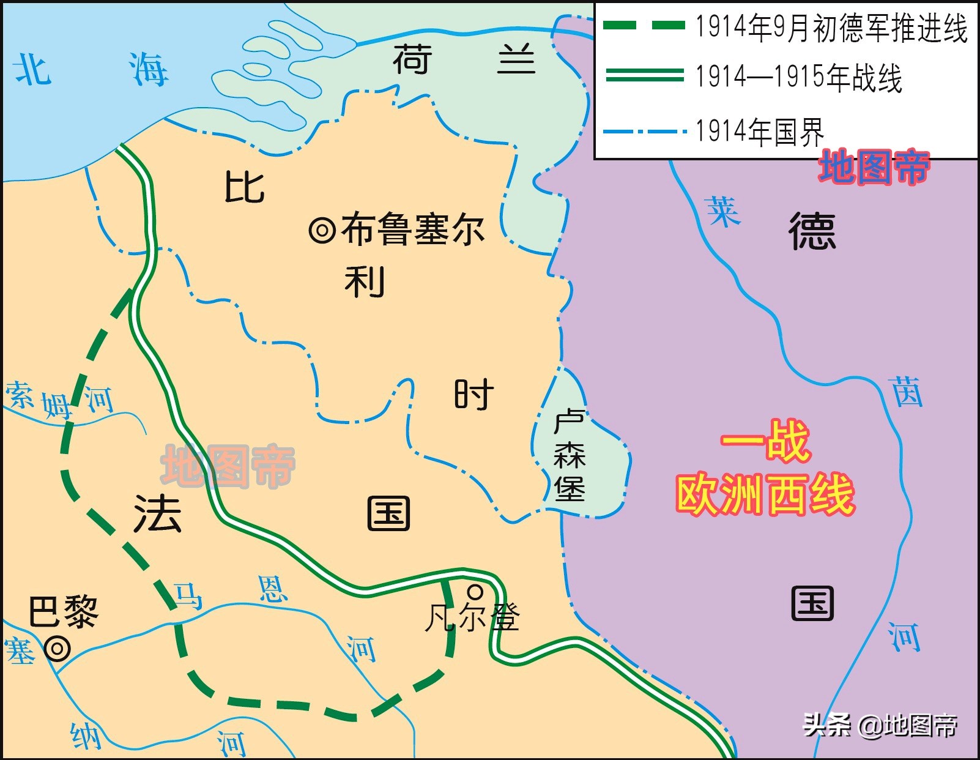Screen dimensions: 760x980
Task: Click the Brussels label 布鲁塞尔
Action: tap(413, 229)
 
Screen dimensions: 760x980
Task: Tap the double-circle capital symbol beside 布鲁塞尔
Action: tap(322, 231)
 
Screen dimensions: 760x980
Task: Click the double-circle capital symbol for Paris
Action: tap(58, 648)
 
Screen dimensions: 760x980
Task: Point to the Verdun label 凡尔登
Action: tap(472, 617)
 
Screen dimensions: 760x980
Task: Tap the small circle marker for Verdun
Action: tap(475, 592)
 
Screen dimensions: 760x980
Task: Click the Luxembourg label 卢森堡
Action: tap(569, 456)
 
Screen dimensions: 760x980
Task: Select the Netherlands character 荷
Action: tap(412, 59)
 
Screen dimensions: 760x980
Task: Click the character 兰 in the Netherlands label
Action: tap(516, 61)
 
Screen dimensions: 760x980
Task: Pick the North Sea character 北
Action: tap(32, 69)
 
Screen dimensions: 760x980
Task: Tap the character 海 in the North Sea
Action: tap(148, 69)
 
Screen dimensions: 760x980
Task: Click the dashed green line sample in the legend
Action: tap(644, 26)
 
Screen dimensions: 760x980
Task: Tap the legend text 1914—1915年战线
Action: tap(798, 78)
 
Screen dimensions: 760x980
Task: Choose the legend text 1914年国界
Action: tap(759, 131)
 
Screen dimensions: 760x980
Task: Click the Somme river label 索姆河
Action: tap(59, 399)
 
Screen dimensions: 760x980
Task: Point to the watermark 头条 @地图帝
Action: tap(880, 726)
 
